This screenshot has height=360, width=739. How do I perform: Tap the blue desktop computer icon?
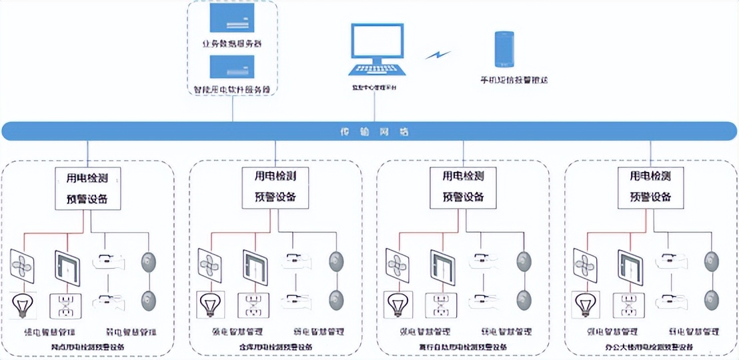pyautogui.click(x=378, y=51)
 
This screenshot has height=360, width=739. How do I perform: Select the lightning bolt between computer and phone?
pyautogui.click(x=438, y=53)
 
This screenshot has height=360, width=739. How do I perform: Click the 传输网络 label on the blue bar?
pyautogui.click(x=369, y=132)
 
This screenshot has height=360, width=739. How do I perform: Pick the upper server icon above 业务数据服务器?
pyautogui.click(x=232, y=18)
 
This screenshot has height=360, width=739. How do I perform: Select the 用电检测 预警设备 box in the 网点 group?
pyautogui.click(x=87, y=188)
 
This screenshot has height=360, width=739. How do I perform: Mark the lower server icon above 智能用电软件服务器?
pyautogui.click(x=232, y=67)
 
